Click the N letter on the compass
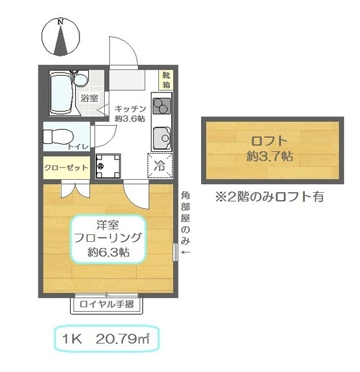[x=61, y=22]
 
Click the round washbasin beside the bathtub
[x=81, y=80]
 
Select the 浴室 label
[x=89, y=98]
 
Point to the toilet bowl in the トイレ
[x=58, y=136]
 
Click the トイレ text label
[x=78, y=146]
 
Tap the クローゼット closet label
[x=66, y=168]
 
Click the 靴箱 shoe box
[x=166, y=80]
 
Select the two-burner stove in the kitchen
[x=162, y=106]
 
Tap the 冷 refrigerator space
[x=160, y=166]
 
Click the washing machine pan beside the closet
[x=108, y=166]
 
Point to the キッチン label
[x=130, y=109]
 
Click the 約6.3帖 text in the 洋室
[x=108, y=252]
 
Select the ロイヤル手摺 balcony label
[x=107, y=304]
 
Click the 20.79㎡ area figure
[x=122, y=339]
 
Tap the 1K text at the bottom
[x=72, y=339]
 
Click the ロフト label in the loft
[x=269, y=141]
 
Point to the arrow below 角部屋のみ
[x=186, y=252]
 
